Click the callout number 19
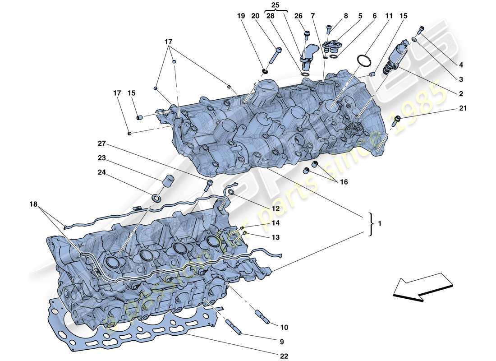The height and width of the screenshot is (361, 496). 241,16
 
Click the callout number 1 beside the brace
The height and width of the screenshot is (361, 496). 380,223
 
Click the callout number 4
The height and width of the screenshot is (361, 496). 460,65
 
